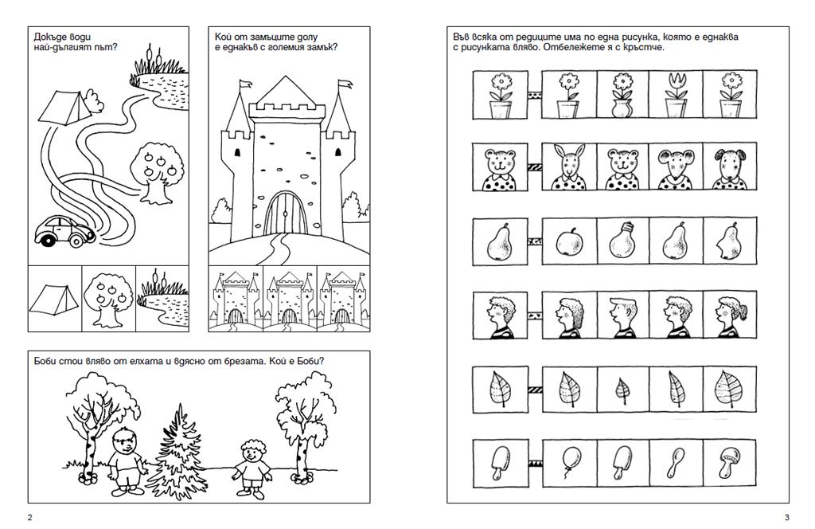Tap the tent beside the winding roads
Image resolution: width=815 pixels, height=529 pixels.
point(65,106)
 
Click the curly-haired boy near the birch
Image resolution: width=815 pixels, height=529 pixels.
point(252,466)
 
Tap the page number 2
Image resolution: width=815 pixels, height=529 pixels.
point(29,517)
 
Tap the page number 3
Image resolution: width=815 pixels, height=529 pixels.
point(787,517)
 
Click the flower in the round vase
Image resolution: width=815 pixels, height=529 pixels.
point(622,95)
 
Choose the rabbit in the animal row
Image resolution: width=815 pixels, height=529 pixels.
point(568,167)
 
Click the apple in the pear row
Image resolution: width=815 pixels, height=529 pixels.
point(569,242)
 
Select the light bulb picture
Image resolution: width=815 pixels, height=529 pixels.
point(622,241)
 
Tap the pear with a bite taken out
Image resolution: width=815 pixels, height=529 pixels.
point(729,242)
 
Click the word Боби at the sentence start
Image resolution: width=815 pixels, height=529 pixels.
point(45,361)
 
